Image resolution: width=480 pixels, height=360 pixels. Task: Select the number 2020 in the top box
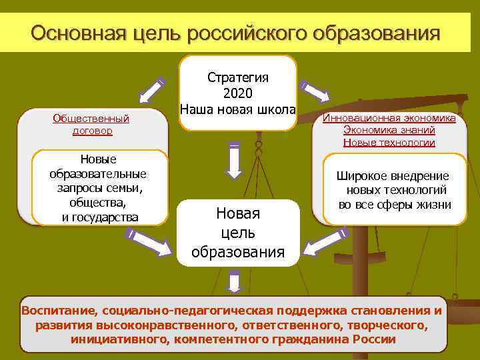pyautogui.click(x=238, y=93)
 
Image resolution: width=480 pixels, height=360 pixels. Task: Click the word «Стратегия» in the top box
pyautogui.click(x=238, y=78)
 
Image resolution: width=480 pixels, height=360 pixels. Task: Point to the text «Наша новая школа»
pyautogui.click(x=238, y=108)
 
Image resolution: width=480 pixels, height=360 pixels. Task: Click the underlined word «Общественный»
pyautogui.click(x=91, y=119)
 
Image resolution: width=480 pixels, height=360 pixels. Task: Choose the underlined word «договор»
pyautogui.click(x=92, y=131)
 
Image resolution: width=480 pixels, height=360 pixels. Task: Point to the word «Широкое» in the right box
pyautogui.click(x=364, y=176)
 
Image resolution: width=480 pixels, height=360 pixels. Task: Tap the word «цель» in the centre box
pyautogui.click(x=238, y=233)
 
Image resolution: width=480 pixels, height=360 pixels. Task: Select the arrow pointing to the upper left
pyautogui.click(x=152, y=91)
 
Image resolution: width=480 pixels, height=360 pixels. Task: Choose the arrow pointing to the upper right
pyautogui.click(x=315, y=92)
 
